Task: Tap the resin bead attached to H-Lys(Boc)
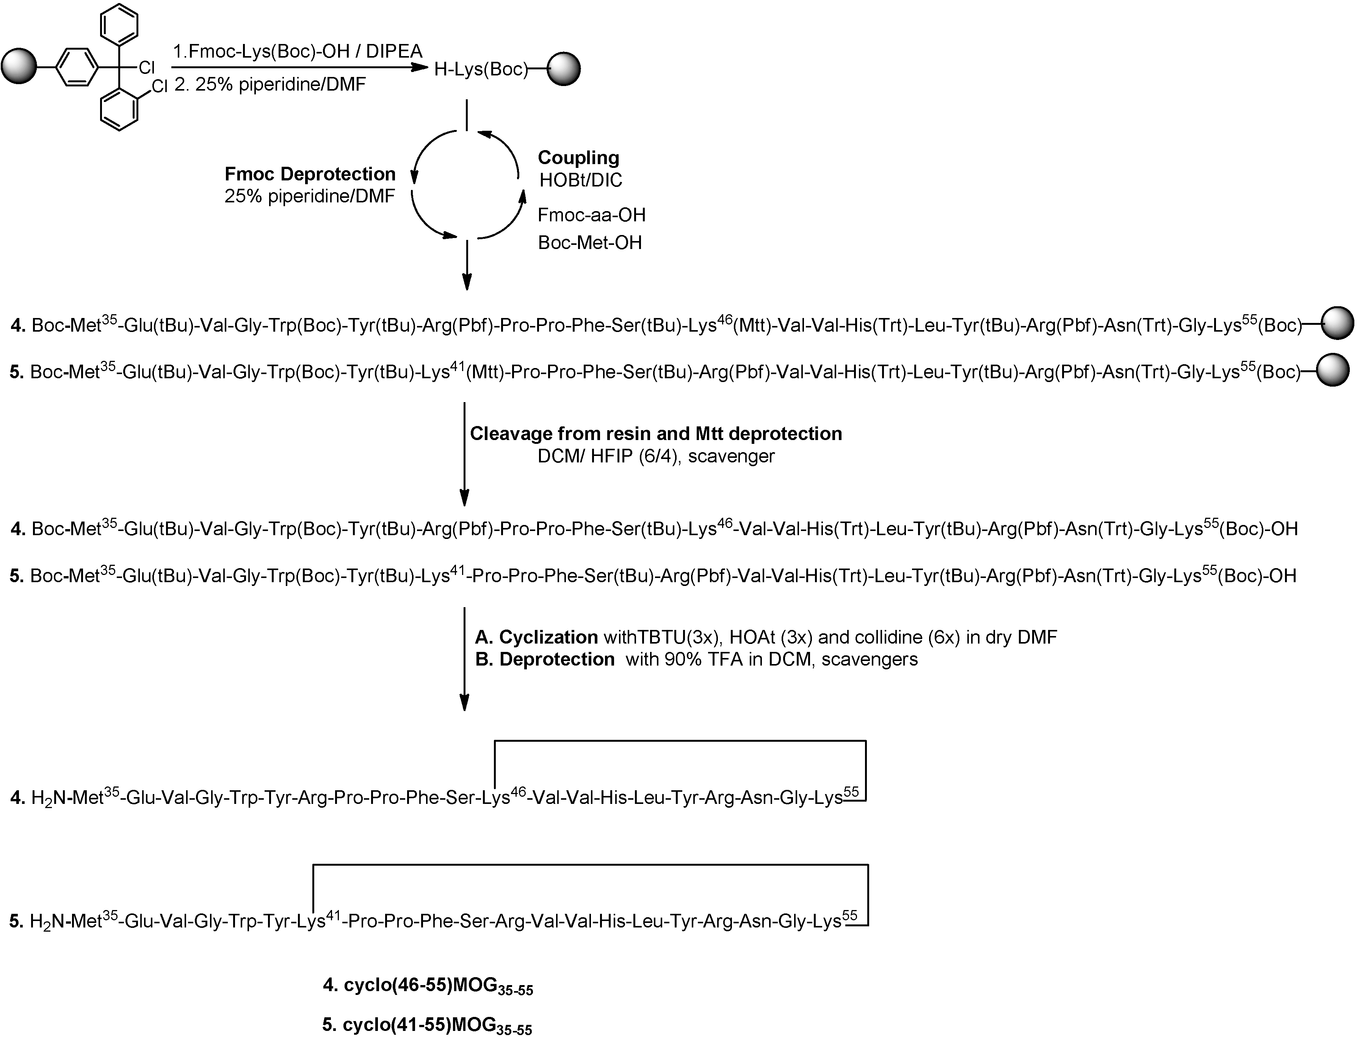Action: (x=563, y=69)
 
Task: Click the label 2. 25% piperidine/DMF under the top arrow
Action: (x=270, y=85)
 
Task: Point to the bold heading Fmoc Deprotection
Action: (x=310, y=174)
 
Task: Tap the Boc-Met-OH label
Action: (x=589, y=243)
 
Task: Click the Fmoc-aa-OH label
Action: (x=591, y=215)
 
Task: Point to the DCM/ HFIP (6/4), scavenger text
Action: (x=656, y=456)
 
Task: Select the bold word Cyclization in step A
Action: (x=548, y=637)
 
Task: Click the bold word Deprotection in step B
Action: (x=557, y=659)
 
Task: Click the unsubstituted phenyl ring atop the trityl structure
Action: (x=119, y=24)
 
